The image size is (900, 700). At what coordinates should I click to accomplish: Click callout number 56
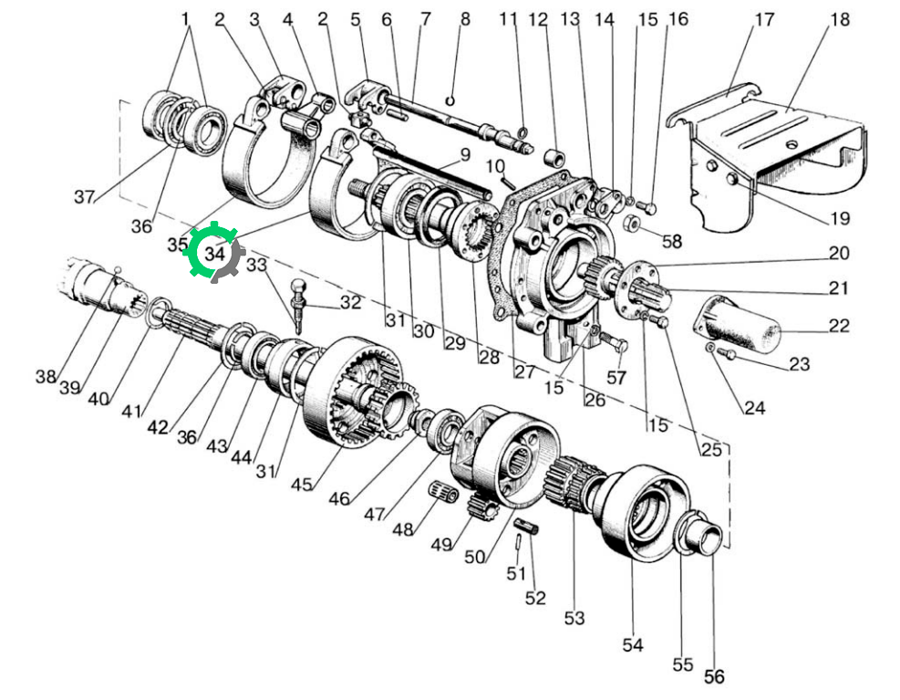tap(714, 676)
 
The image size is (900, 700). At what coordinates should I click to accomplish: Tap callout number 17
tap(764, 19)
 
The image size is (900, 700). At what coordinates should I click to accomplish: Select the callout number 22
tap(839, 326)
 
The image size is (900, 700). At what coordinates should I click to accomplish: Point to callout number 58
tap(671, 241)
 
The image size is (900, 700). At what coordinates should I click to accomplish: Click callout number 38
tap(46, 376)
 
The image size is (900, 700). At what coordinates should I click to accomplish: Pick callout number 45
tap(302, 485)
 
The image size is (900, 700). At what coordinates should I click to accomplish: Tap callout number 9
tap(465, 154)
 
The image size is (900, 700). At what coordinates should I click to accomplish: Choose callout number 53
tap(574, 618)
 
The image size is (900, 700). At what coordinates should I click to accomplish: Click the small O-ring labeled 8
tap(450, 101)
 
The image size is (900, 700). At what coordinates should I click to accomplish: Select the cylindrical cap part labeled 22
tap(738, 325)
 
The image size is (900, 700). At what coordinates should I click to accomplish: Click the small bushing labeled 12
tap(554, 157)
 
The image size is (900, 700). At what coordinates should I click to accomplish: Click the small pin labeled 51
tap(518, 541)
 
